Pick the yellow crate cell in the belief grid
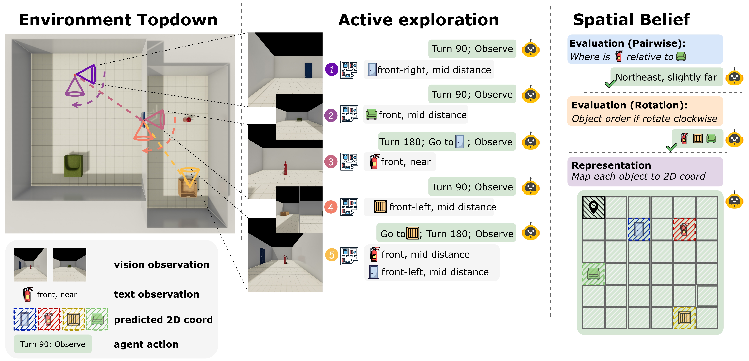684,318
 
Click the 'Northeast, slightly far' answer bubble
666,77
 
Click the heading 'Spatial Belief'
631,20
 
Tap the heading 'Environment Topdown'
118,20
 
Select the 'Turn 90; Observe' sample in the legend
53,344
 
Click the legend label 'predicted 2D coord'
163,320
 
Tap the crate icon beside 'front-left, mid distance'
380,207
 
